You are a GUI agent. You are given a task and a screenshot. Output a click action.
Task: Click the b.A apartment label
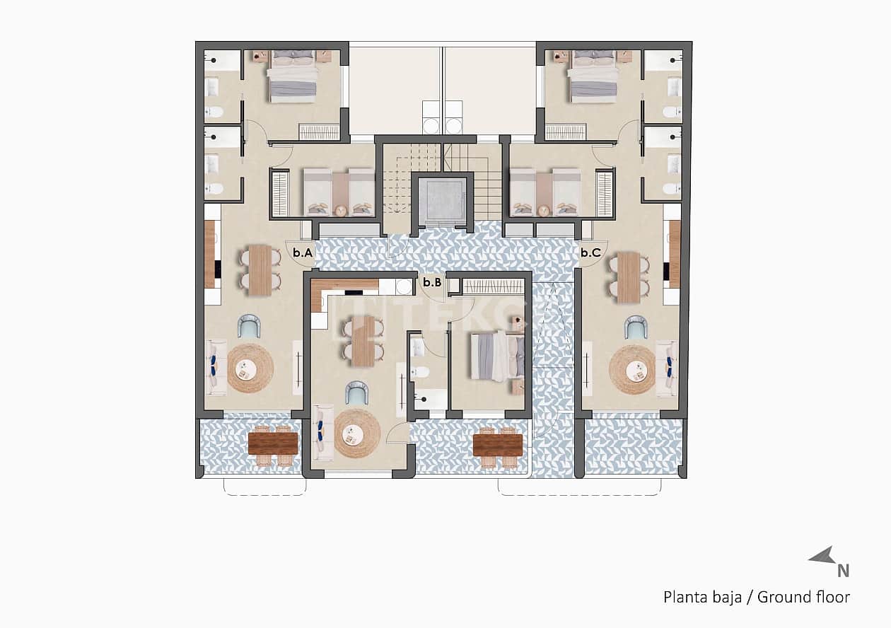(x=303, y=252)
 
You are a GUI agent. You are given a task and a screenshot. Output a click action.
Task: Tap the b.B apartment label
(x=432, y=282)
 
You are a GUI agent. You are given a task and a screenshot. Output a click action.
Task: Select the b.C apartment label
(x=591, y=252)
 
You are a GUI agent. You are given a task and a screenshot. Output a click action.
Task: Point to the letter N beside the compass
(x=843, y=571)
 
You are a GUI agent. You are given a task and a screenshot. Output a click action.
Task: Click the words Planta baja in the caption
(x=702, y=598)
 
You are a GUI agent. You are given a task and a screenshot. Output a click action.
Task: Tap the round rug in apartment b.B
(x=357, y=432)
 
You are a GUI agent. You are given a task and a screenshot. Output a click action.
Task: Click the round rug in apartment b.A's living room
(x=250, y=368)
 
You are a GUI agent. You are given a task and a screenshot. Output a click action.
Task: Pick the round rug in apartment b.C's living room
(x=632, y=368)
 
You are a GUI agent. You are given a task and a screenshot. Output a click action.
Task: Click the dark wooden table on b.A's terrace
(x=273, y=443)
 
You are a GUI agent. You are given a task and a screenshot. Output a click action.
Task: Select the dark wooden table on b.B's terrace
(x=498, y=444)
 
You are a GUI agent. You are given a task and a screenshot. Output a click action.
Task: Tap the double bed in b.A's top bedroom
(x=291, y=76)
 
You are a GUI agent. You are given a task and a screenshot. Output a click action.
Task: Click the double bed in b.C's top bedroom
(x=593, y=76)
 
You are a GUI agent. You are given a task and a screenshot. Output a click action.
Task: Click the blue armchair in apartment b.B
(x=356, y=393)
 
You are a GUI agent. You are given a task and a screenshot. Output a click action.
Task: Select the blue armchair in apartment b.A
(x=249, y=326)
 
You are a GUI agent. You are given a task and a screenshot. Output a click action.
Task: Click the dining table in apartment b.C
(x=629, y=277)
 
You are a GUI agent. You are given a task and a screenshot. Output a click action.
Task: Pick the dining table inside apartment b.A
(x=260, y=269)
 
